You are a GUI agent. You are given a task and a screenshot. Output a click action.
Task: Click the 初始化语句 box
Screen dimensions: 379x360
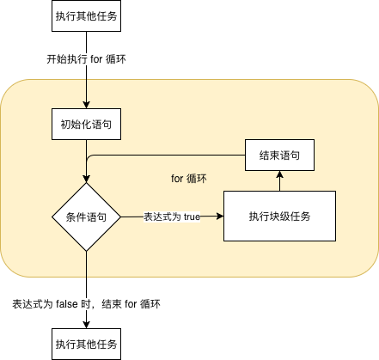[86, 124]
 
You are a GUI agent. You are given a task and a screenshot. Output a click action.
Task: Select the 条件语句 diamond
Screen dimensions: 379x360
[86, 217]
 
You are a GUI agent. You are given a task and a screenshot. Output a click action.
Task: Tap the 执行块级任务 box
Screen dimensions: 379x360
[279, 216]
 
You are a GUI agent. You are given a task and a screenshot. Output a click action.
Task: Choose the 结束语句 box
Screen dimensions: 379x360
[279, 155]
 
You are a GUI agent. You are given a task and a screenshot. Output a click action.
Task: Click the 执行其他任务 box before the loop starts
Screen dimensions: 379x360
[86, 15]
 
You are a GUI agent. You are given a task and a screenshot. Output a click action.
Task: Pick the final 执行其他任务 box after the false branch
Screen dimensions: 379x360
[86, 344]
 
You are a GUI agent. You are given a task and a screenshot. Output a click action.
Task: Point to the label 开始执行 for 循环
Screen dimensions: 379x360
[86, 59]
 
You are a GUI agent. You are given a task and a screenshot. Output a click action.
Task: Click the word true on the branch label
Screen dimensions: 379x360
[192, 217]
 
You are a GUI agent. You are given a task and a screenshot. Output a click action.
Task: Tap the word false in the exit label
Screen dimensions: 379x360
[67, 304]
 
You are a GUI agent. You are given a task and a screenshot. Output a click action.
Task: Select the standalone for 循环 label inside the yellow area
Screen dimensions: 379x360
[189, 179]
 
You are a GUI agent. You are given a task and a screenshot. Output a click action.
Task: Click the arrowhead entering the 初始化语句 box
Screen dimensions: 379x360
[86, 105]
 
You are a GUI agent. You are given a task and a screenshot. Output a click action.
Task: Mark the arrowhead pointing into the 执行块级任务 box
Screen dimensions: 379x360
[220, 216]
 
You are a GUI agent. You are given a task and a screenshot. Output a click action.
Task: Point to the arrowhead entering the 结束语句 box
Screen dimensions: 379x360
[279, 174]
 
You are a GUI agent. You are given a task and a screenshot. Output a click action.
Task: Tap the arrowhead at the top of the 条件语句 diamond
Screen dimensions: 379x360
[86, 179]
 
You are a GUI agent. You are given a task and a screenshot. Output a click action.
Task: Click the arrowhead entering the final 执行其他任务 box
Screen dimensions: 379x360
[86, 325]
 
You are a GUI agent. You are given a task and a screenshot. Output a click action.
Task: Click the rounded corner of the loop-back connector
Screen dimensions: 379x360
[89, 157]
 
